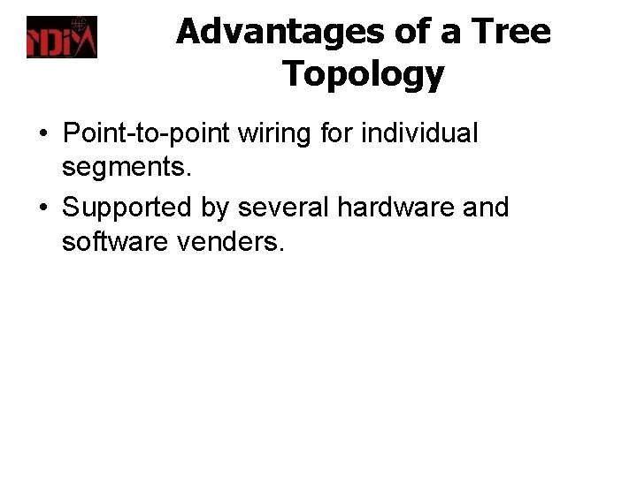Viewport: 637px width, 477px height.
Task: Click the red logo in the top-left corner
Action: (61, 37)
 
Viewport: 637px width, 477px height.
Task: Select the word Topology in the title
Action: (363, 74)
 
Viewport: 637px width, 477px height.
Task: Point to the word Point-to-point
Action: (145, 135)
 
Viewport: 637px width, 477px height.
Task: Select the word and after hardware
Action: (485, 208)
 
